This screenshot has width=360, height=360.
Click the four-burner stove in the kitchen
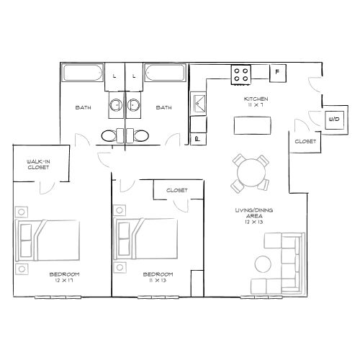[240, 73]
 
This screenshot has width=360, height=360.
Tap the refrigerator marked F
[278, 72]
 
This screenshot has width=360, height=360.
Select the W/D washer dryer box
[334, 120]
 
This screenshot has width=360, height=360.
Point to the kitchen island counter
[251, 125]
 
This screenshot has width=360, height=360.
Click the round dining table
[250, 174]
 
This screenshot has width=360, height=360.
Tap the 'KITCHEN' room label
[256, 98]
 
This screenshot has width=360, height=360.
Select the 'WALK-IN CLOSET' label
[37, 163]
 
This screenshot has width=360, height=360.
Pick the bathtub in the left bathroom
[84, 73]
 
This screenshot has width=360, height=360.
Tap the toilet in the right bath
[140, 135]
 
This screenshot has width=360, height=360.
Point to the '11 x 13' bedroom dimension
[158, 280]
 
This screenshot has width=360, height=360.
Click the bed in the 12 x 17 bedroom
[53, 238]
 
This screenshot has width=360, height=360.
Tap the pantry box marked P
[197, 137]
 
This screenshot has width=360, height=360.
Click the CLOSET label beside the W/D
[305, 142]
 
